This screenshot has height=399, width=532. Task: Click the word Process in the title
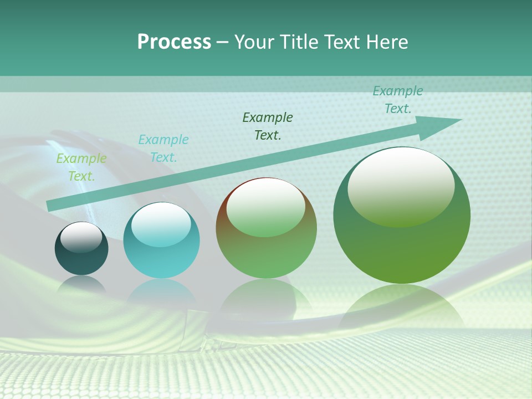174,42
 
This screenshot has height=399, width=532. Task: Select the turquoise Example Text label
163,149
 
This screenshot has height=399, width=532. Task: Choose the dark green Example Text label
268,126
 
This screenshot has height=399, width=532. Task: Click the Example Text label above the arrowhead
398,100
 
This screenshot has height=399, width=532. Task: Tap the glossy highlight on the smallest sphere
81,237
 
